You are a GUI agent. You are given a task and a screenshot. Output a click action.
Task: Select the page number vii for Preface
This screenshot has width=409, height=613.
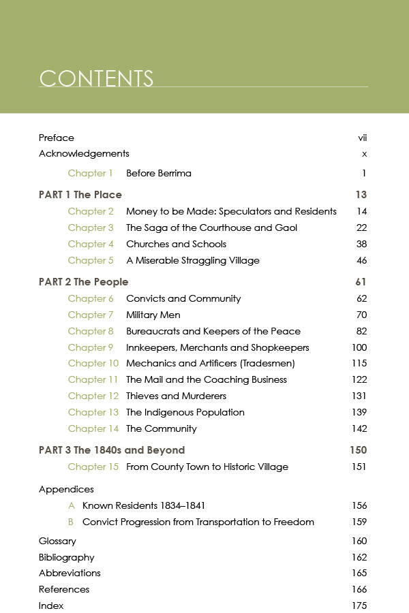pyautogui.click(x=363, y=138)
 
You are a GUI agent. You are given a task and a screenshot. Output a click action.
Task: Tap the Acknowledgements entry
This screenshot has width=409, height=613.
pyautogui.click(x=84, y=154)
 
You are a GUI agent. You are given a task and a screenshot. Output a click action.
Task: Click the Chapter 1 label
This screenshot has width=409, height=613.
pyautogui.click(x=91, y=173)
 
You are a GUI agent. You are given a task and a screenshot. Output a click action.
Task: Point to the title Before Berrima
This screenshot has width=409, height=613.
pyautogui.click(x=159, y=173)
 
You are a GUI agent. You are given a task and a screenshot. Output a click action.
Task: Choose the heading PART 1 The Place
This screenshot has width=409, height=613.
pyautogui.click(x=80, y=195)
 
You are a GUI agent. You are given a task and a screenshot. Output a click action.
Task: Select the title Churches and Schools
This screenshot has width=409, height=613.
pyautogui.click(x=176, y=244)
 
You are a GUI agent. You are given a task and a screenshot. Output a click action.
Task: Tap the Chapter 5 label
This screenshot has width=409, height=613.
pyautogui.click(x=91, y=260)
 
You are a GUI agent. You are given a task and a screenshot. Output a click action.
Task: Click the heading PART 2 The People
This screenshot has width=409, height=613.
pyautogui.click(x=83, y=282)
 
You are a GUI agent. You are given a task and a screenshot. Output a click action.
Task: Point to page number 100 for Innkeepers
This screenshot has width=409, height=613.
pyautogui.click(x=359, y=347)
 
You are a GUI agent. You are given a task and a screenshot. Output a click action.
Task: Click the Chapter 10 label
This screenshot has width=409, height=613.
pyautogui.click(x=93, y=364)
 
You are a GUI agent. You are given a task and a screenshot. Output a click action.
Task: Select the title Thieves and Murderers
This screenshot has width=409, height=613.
pyautogui.click(x=176, y=396)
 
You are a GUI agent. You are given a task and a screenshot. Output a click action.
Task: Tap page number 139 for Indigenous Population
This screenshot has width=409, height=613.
pyautogui.click(x=359, y=412)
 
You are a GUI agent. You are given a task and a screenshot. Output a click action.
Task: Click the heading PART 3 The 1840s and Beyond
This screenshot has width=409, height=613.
pyautogui.click(x=112, y=450)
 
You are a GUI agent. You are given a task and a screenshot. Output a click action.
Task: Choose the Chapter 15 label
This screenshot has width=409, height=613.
pyautogui.click(x=93, y=467)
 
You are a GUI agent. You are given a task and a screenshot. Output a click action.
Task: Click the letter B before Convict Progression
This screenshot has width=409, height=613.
pyautogui.click(x=71, y=522)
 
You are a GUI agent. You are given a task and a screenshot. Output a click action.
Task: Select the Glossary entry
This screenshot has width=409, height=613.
pyautogui.click(x=57, y=541)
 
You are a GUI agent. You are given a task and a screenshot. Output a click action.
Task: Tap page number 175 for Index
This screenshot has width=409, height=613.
pyautogui.click(x=359, y=606)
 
